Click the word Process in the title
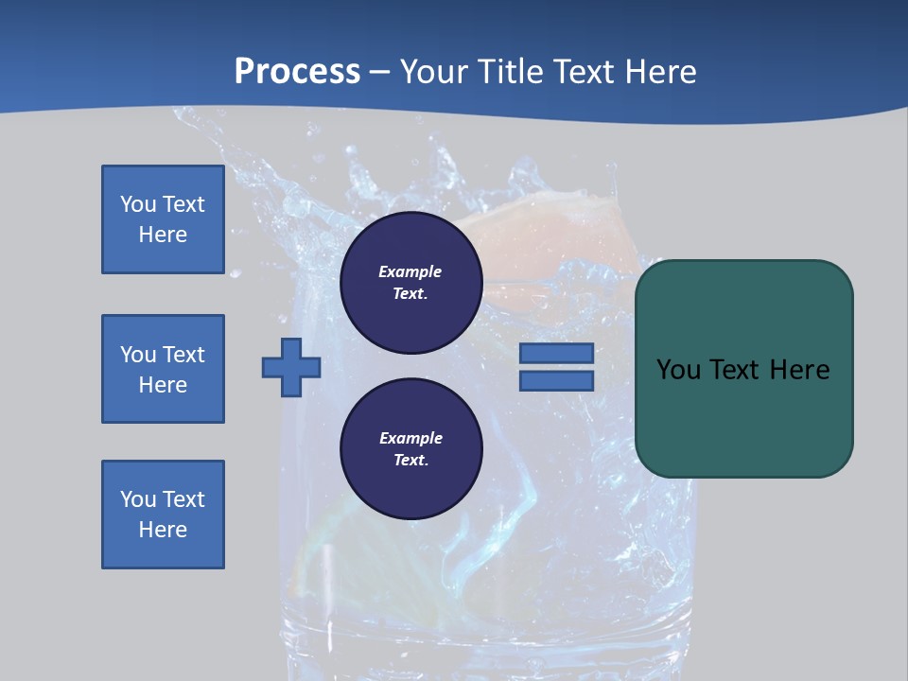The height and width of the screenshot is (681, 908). click(297, 72)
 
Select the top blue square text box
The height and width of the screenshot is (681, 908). click(163, 219)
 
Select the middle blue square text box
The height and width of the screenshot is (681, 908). click(163, 369)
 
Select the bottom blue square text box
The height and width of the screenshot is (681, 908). click(163, 515)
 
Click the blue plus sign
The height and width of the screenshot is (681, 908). click(291, 368)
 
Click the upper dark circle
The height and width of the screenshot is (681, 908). click(411, 282)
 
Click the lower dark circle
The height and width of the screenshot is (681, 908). click(411, 448)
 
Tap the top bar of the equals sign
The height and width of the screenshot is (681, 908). click(556, 354)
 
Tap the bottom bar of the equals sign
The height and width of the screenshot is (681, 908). click(556, 381)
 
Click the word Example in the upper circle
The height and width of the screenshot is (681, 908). click(410, 271)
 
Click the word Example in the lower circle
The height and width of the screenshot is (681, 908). click(410, 438)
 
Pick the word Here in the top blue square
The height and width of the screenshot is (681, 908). click(163, 235)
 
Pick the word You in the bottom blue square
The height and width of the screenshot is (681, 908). click(138, 499)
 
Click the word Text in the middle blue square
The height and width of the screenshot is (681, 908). click(183, 355)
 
